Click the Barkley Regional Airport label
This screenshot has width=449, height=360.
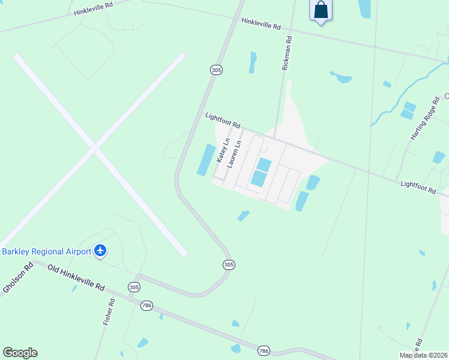pos(46,251)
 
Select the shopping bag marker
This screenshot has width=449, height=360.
pos(321,10)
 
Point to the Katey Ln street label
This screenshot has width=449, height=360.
pos(223,151)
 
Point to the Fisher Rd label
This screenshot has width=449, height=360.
pos(109,312)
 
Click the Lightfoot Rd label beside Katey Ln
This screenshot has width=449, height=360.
pos(223,121)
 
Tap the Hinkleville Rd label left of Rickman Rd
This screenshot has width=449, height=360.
pos(261,24)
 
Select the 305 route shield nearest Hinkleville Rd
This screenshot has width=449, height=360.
pos(217,70)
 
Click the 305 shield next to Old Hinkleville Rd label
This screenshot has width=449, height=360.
pos(134,287)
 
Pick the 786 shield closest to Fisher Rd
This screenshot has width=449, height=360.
pos(147,305)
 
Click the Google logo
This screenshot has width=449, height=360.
pos(20,353)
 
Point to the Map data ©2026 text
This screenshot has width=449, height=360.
pos(423,355)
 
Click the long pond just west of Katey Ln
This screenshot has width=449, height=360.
pos(206,160)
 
